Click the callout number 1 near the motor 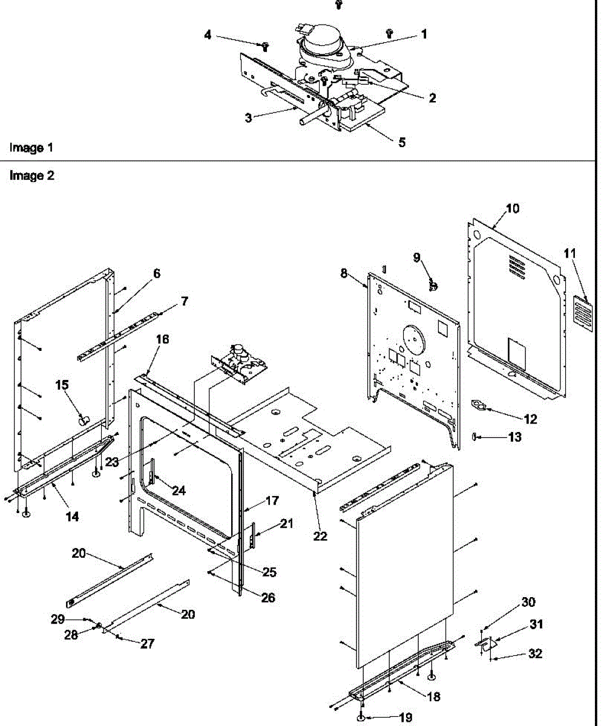(x=424, y=35)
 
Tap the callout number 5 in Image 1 (x=402, y=143)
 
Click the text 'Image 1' (x=27, y=148)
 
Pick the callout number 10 (x=512, y=209)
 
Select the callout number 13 (x=514, y=437)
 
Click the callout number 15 (x=62, y=385)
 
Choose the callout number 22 (x=320, y=536)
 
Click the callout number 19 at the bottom (x=405, y=718)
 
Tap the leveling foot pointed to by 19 (x=361, y=718)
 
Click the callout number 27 (x=147, y=644)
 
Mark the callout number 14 (x=71, y=517)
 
